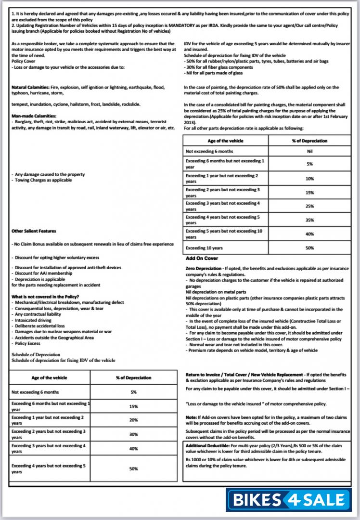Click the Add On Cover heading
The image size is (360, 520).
(x=202, y=259)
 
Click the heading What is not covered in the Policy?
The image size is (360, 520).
(x=45, y=296)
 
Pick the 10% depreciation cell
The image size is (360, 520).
(x=309, y=179)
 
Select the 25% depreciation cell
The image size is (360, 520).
(x=309, y=206)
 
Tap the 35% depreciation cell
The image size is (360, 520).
(x=309, y=220)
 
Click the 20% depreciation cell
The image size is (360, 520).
(x=133, y=420)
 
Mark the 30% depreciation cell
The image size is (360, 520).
(x=133, y=434)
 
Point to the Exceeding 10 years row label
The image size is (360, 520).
(x=204, y=248)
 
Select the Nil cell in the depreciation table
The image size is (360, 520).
(x=309, y=151)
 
